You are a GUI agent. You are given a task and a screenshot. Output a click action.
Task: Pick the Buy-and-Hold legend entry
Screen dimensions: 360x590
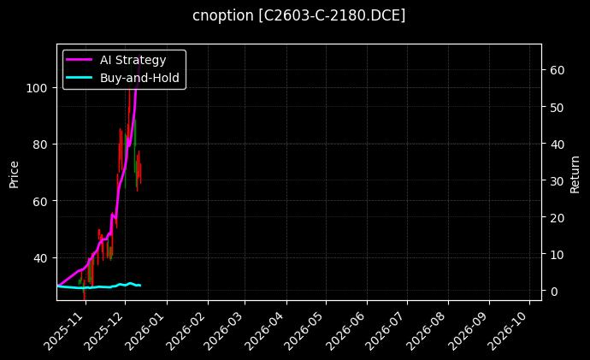[139, 76]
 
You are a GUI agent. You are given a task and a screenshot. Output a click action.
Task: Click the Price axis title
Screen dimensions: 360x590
[14, 172]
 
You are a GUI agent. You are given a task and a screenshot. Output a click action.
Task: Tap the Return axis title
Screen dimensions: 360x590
[576, 172]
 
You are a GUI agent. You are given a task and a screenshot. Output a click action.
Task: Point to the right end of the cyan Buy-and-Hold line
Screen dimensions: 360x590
[140, 285]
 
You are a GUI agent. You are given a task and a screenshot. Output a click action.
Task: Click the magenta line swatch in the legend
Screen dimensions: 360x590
[80, 59]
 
